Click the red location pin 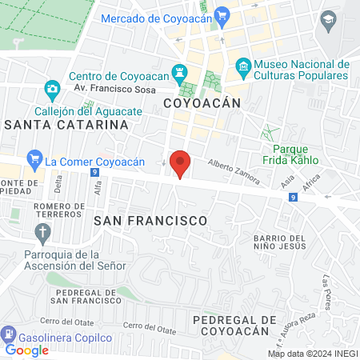(181, 163)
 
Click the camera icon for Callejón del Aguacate (52, 87)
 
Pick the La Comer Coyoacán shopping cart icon (34, 158)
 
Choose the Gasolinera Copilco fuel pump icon (9, 333)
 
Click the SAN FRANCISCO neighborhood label (150, 219)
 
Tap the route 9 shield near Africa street (294, 197)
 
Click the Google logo (27, 350)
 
